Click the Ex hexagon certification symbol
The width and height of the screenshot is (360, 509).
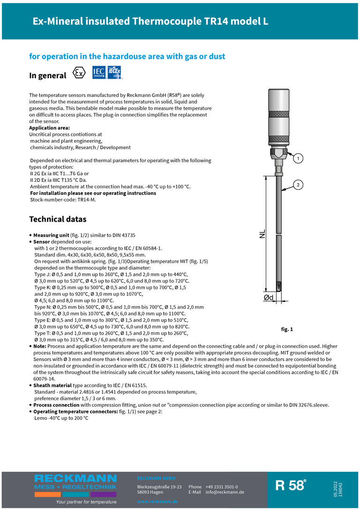click(80, 74)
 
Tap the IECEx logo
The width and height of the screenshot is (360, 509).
click(115, 73)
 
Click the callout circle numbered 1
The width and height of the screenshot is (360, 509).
click(296, 159)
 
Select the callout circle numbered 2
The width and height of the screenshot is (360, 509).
click(297, 185)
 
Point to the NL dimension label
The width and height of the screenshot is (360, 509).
click(262, 234)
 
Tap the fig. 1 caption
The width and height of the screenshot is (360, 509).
click(287, 329)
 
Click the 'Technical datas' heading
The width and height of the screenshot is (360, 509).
click(58, 219)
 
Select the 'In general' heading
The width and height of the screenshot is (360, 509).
click(48, 75)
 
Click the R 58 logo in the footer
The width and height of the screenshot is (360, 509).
click(291, 485)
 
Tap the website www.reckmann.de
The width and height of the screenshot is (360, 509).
click(157, 502)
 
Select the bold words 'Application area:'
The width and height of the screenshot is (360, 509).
click(49, 128)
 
